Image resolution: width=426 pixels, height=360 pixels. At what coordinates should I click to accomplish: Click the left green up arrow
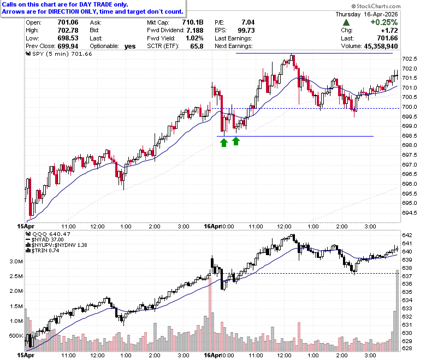[x=223, y=143]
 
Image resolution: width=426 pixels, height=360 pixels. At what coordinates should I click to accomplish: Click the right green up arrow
[x=236, y=141]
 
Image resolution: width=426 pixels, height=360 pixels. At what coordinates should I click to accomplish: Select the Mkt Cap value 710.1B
[x=193, y=22]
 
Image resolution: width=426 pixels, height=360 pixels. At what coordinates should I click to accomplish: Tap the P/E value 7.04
[x=248, y=22]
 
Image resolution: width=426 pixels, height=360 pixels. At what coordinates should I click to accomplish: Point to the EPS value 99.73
[x=246, y=30]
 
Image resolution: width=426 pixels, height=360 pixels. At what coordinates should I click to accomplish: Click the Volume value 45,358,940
[x=381, y=46]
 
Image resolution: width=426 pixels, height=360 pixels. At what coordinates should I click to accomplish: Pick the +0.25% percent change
[x=384, y=22]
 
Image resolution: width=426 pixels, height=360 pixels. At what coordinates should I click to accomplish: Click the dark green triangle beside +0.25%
[x=346, y=22]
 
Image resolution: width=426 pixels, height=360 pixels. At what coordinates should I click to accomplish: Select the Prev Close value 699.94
[x=68, y=46]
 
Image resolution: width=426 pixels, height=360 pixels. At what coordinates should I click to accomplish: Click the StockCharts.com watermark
[x=376, y=6]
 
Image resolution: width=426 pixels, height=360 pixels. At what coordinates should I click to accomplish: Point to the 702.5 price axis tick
[x=410, y=59]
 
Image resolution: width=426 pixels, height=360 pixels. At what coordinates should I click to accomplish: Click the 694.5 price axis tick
[x=410, y=213]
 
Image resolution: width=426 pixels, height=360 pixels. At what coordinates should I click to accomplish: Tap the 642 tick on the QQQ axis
[x=407, y=235]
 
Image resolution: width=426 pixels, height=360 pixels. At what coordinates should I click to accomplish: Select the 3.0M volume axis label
[x=16, y=262]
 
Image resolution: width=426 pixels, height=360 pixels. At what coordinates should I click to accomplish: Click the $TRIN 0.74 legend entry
[x=43, y=251]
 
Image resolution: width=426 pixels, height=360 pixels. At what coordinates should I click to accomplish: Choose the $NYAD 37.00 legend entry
[x=45, y=240]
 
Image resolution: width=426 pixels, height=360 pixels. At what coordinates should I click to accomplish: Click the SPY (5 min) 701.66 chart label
[x=59, y=54]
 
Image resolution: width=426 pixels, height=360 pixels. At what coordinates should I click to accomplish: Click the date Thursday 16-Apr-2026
[x=366, y=14]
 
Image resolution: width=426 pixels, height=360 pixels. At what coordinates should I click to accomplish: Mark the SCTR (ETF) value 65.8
[x=197, y=46]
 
